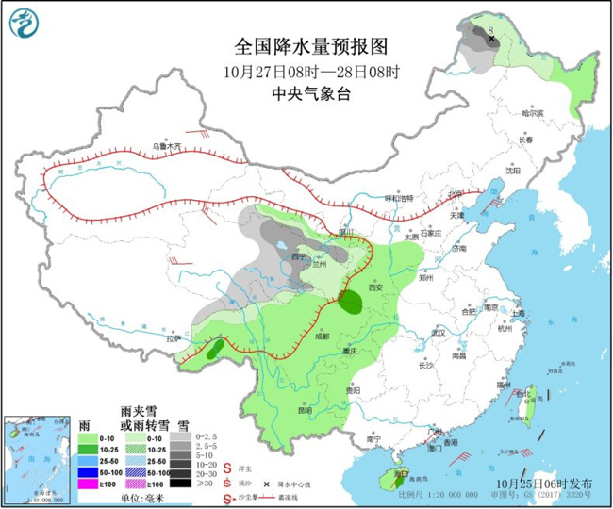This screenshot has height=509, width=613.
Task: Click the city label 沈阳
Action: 512,171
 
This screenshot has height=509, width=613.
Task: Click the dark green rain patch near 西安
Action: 350,302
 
